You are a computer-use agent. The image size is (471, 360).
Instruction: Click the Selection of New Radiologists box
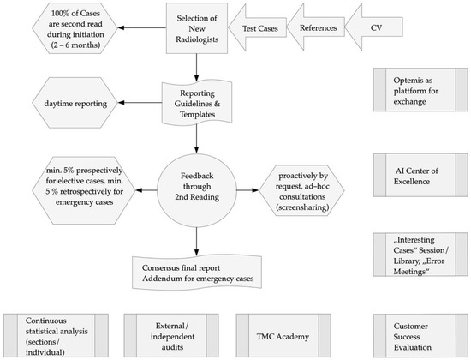198,27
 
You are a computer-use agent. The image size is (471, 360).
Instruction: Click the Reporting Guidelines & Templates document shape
198,102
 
